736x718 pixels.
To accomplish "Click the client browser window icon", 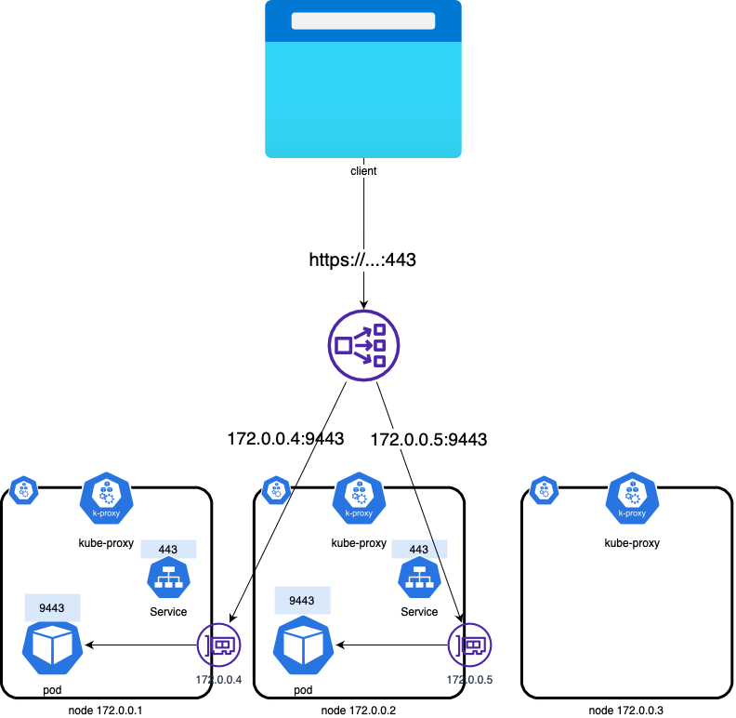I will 362,79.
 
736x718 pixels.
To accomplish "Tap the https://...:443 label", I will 362,260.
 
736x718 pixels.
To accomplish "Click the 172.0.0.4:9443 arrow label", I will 285,437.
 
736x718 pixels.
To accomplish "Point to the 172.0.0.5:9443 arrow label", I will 428,437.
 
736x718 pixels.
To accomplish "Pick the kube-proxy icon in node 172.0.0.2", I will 359,499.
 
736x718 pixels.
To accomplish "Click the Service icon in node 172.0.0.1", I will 168,579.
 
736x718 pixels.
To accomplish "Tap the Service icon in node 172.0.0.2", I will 419,579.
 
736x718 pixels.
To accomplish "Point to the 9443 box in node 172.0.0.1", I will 52,608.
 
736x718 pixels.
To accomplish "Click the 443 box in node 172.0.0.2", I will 419,549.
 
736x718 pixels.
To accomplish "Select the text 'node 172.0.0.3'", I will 627,711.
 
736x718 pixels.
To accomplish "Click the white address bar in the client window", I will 362,20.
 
